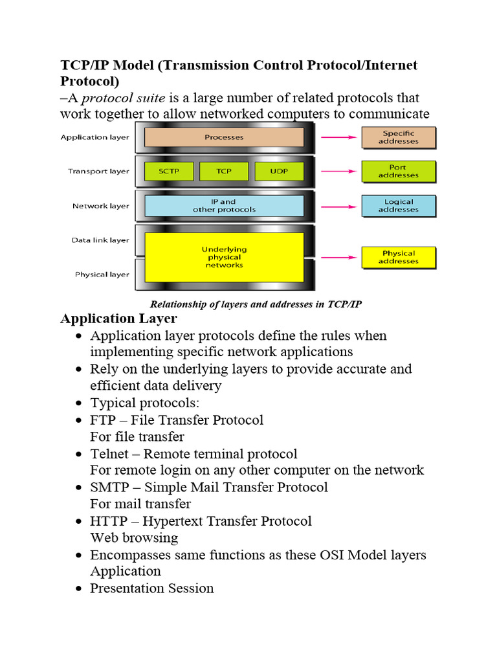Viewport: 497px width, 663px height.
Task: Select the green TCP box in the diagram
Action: (223, 172)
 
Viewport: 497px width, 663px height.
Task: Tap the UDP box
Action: (279, 172)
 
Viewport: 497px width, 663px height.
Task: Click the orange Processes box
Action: (224, 137)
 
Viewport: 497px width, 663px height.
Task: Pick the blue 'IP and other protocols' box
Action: (224, 206)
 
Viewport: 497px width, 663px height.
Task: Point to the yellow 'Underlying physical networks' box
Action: (224, 257)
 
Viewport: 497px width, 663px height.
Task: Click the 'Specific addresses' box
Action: (398, 137)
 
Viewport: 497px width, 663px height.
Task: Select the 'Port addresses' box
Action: (398, 172)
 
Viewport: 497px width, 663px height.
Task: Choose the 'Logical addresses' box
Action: (398, 206)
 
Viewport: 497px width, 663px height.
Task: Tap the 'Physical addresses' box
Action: (398, 257)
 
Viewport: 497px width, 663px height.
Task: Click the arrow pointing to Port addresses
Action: (339, 172)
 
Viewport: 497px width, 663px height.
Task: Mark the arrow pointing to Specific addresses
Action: (339, 137)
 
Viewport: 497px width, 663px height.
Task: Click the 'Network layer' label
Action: (100, 206)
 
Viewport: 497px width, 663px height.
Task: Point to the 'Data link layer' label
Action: (100, 240)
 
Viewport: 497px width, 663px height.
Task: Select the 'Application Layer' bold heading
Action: (118, 319)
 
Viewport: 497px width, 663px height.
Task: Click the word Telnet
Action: (109, 454)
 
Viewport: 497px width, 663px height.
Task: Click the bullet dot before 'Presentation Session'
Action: (78, 589)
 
